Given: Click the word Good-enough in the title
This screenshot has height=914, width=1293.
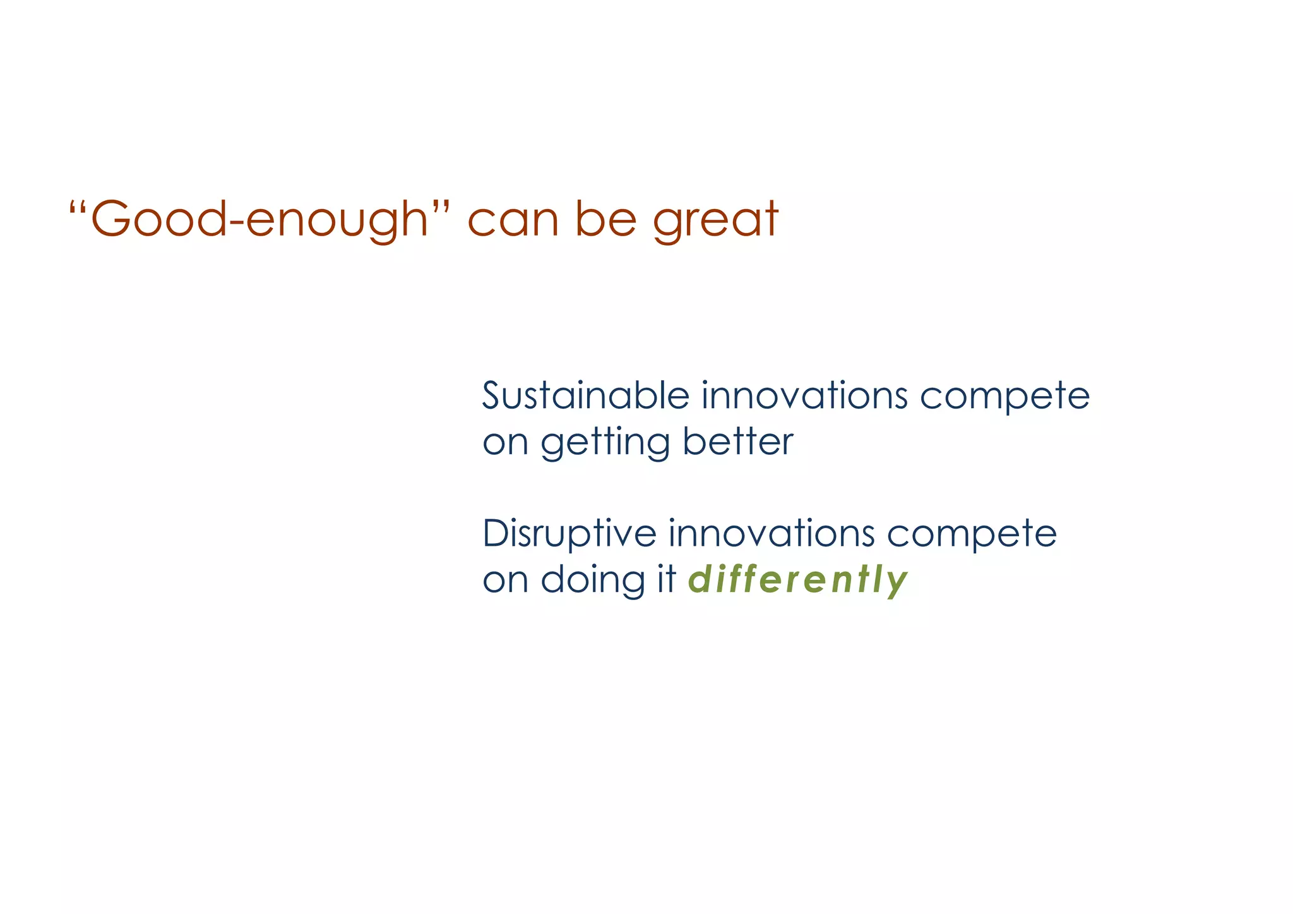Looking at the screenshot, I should point(259,220).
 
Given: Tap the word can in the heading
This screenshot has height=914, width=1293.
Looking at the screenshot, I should point(513,221).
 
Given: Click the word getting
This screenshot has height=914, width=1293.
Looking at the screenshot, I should point(605,443).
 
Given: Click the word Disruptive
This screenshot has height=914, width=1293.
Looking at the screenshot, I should point(569,533).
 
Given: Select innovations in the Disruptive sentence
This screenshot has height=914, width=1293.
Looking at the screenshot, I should point(771,533).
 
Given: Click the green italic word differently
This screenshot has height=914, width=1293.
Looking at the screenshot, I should point(797,580).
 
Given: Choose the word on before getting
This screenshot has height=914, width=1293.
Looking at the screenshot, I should point(505,444).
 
